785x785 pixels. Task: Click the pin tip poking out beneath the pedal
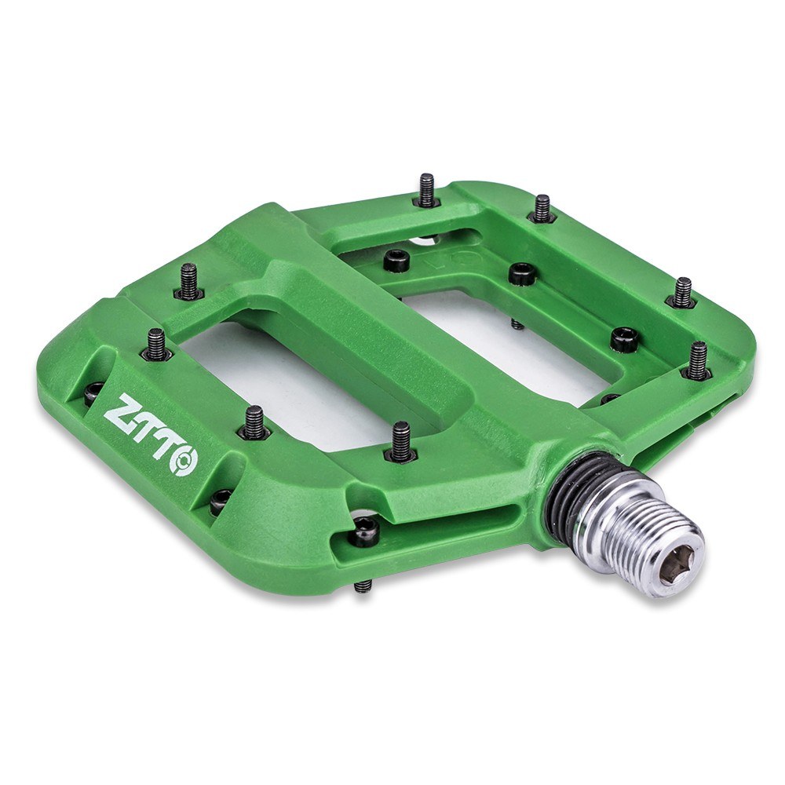pos(362,586)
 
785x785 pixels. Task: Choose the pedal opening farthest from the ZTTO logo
pos(502,330)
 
